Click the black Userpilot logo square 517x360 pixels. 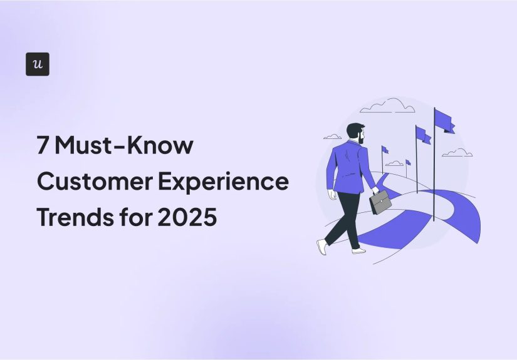point(38,64)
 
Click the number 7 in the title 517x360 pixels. point(44,147)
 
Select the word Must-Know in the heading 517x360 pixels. point(125,147)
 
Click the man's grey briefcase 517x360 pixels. point(380,202)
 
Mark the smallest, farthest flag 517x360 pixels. point(408,163)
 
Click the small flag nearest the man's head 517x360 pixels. point(385,150)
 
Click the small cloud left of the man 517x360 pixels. point(332,136)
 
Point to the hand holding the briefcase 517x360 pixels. point(375,190)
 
